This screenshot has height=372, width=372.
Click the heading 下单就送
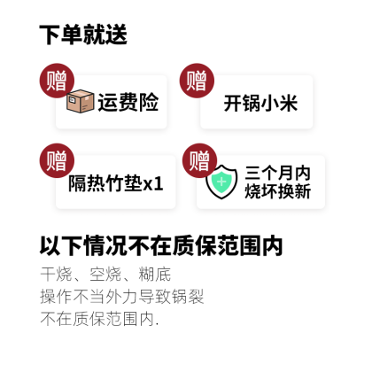click(83, 35)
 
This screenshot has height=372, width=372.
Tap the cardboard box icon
click(81, 101)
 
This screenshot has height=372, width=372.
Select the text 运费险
click(128, 103)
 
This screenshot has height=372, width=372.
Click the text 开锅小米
click(260, 103)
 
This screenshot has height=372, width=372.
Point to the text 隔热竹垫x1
click(116, 183)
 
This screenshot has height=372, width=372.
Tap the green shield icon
click(221, 182)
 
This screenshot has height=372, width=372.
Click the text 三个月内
click(277, 173)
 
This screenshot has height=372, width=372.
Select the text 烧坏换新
click(277, 191)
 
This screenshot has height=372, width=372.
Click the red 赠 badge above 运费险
click(57, 81)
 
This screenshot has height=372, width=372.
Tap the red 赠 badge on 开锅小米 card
click(197, 81)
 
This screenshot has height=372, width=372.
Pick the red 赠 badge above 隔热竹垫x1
click(57, 160)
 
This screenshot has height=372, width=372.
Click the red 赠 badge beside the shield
click(199, 160)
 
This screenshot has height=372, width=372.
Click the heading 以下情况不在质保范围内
click(161, 245)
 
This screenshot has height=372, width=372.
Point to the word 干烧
click(56, 275)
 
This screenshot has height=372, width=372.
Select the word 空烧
click(105, 275)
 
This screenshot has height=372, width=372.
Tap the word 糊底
click(155, 275)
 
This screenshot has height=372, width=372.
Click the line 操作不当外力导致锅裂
click(122, 297)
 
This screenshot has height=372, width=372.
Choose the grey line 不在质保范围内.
click(99, 319)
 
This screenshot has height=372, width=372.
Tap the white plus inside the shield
click(221, 182)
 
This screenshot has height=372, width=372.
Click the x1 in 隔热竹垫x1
click(153, 184)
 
